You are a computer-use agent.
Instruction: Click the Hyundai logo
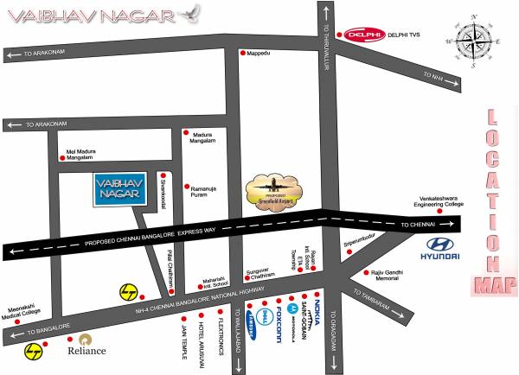439,247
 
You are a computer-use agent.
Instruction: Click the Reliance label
87,350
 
